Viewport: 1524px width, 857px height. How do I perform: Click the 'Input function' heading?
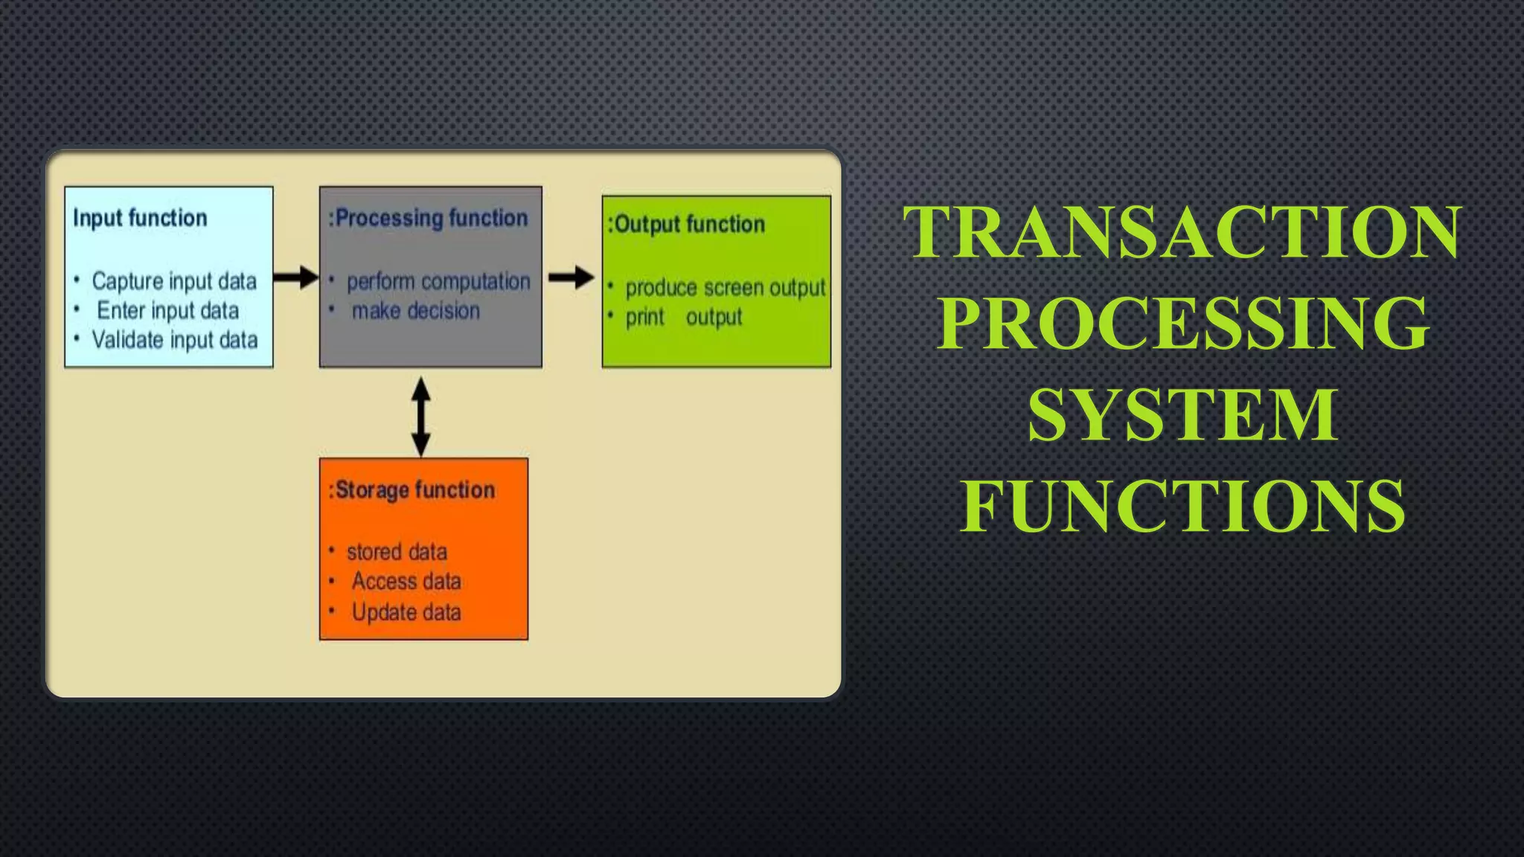pyautogui.click(x=140, y=218)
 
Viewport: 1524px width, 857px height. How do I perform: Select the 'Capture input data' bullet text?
pyautogui.click(x=174, y=281)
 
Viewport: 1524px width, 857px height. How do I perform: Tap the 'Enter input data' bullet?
pyautogui.click(x=168, y=310)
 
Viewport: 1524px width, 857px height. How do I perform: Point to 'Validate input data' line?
pyautogui.click(x=175, y=340)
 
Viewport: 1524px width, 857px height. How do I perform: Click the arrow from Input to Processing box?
pyautogui.click(x=295, y=277)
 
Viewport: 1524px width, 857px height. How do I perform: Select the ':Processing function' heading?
pyautogui.click(x=429, y=218)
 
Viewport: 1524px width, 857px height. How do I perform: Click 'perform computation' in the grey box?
pyautogui.click(x=438, y=282)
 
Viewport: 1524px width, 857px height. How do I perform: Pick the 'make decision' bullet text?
pyautogui.click(x=416, y=311)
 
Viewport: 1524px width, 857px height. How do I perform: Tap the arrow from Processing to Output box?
pyautogui.click(x=571, y=277)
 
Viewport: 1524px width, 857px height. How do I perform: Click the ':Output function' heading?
pyautogui.click(x=687, y=224)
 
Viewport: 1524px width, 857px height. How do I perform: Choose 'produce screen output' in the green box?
pyautogui.click(x=725, y=288)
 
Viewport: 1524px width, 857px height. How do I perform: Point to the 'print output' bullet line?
pyautogui.click(x=683, y=318)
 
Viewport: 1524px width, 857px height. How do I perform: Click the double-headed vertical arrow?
pyautogui.click(x=421, y=417)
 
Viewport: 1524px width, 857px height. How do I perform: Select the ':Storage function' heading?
pyautogui.click(x=412, y=490)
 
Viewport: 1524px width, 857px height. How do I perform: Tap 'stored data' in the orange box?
pyautogui.click(x=397, y=552)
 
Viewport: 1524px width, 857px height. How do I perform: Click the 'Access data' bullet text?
pyautogui.click(x=406, y=581)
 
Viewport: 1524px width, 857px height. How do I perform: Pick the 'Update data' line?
pyautogui.click(x=406, y=612)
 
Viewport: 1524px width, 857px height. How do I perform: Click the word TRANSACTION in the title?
pyautogui.click(x=1182, y=232)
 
